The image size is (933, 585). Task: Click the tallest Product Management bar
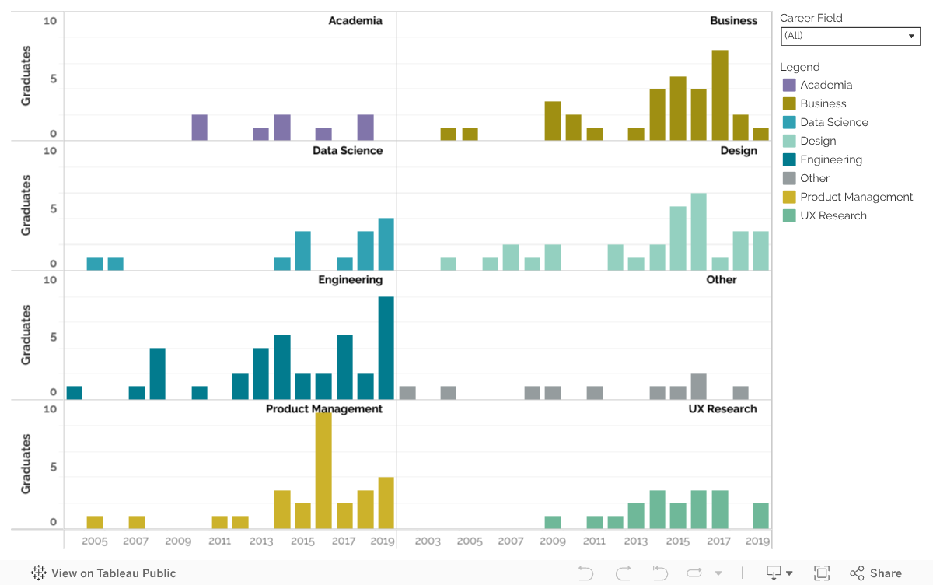click(x=323, y=471)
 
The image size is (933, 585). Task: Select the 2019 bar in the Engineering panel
click(x=386, y=348)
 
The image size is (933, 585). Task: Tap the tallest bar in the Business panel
click(x=720, y=95)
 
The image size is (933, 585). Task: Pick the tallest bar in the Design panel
click(x=698, y=231)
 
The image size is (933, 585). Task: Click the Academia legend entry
click(x=826, y=85)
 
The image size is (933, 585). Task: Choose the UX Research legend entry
click(x=833, y=215)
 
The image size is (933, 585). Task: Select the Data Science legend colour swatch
click(x=789, y=122)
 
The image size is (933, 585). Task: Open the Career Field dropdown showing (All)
click(x=850, y=36)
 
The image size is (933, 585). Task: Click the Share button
click(x=875, y=573)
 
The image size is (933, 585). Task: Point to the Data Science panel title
click(x=348, y=150)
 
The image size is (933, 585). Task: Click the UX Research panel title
click(x=722, y=408)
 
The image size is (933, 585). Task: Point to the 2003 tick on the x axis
click(x=428, y=541)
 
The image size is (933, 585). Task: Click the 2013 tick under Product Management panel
click(x=261, y=541)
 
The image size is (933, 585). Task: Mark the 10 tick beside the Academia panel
click(x=50, y=21)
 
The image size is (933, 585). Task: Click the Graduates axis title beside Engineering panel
click(x=26, y=335)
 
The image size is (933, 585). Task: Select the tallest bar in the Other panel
click(x=698, y=387)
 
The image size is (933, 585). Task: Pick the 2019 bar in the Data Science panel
click(x=386, y=244)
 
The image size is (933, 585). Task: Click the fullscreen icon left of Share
click(x=822, y=573)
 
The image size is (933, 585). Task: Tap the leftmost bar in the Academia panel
click(x=199, y=128)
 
